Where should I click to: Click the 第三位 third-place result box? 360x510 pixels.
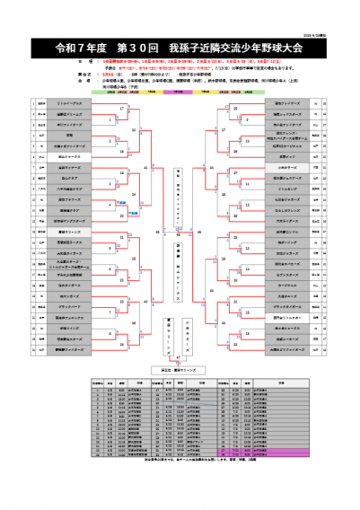(x=180, y=368)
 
